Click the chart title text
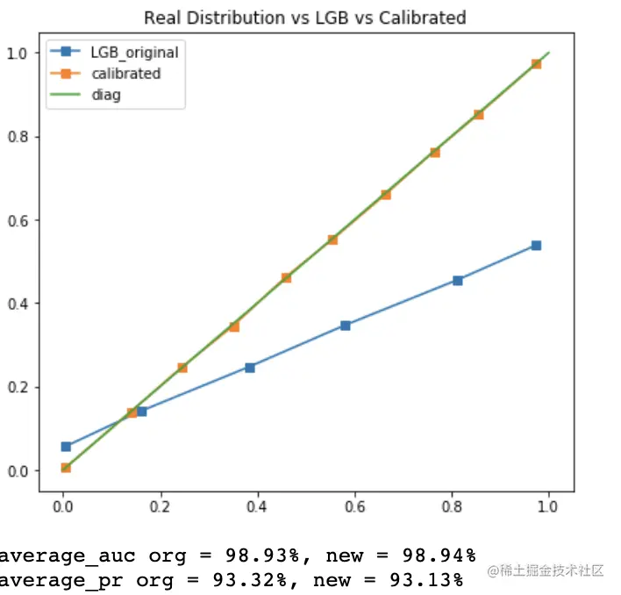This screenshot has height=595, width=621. [x=304, y=18]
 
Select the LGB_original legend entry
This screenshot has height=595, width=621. [x=134, y=53]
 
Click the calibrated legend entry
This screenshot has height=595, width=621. [x=125, y=74]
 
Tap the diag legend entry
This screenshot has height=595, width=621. [x=106, y=95]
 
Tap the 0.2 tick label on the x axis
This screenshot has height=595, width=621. [x=161, y=506]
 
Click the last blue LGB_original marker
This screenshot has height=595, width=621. [x=536, y=246]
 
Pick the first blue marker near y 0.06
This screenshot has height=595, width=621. [x=66, y=447]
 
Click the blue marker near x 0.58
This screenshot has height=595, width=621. [x=346, y=326]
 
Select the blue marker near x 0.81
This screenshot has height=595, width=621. [x=458, y=281]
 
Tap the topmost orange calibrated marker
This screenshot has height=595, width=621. [x=536, y=64]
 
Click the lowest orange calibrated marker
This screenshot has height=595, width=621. [x=66, y=468]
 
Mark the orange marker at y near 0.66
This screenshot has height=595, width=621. [x=386, y=195]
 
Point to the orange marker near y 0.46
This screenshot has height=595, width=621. [x=286, y=278]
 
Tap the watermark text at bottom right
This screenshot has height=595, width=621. [x=546, y=571]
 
